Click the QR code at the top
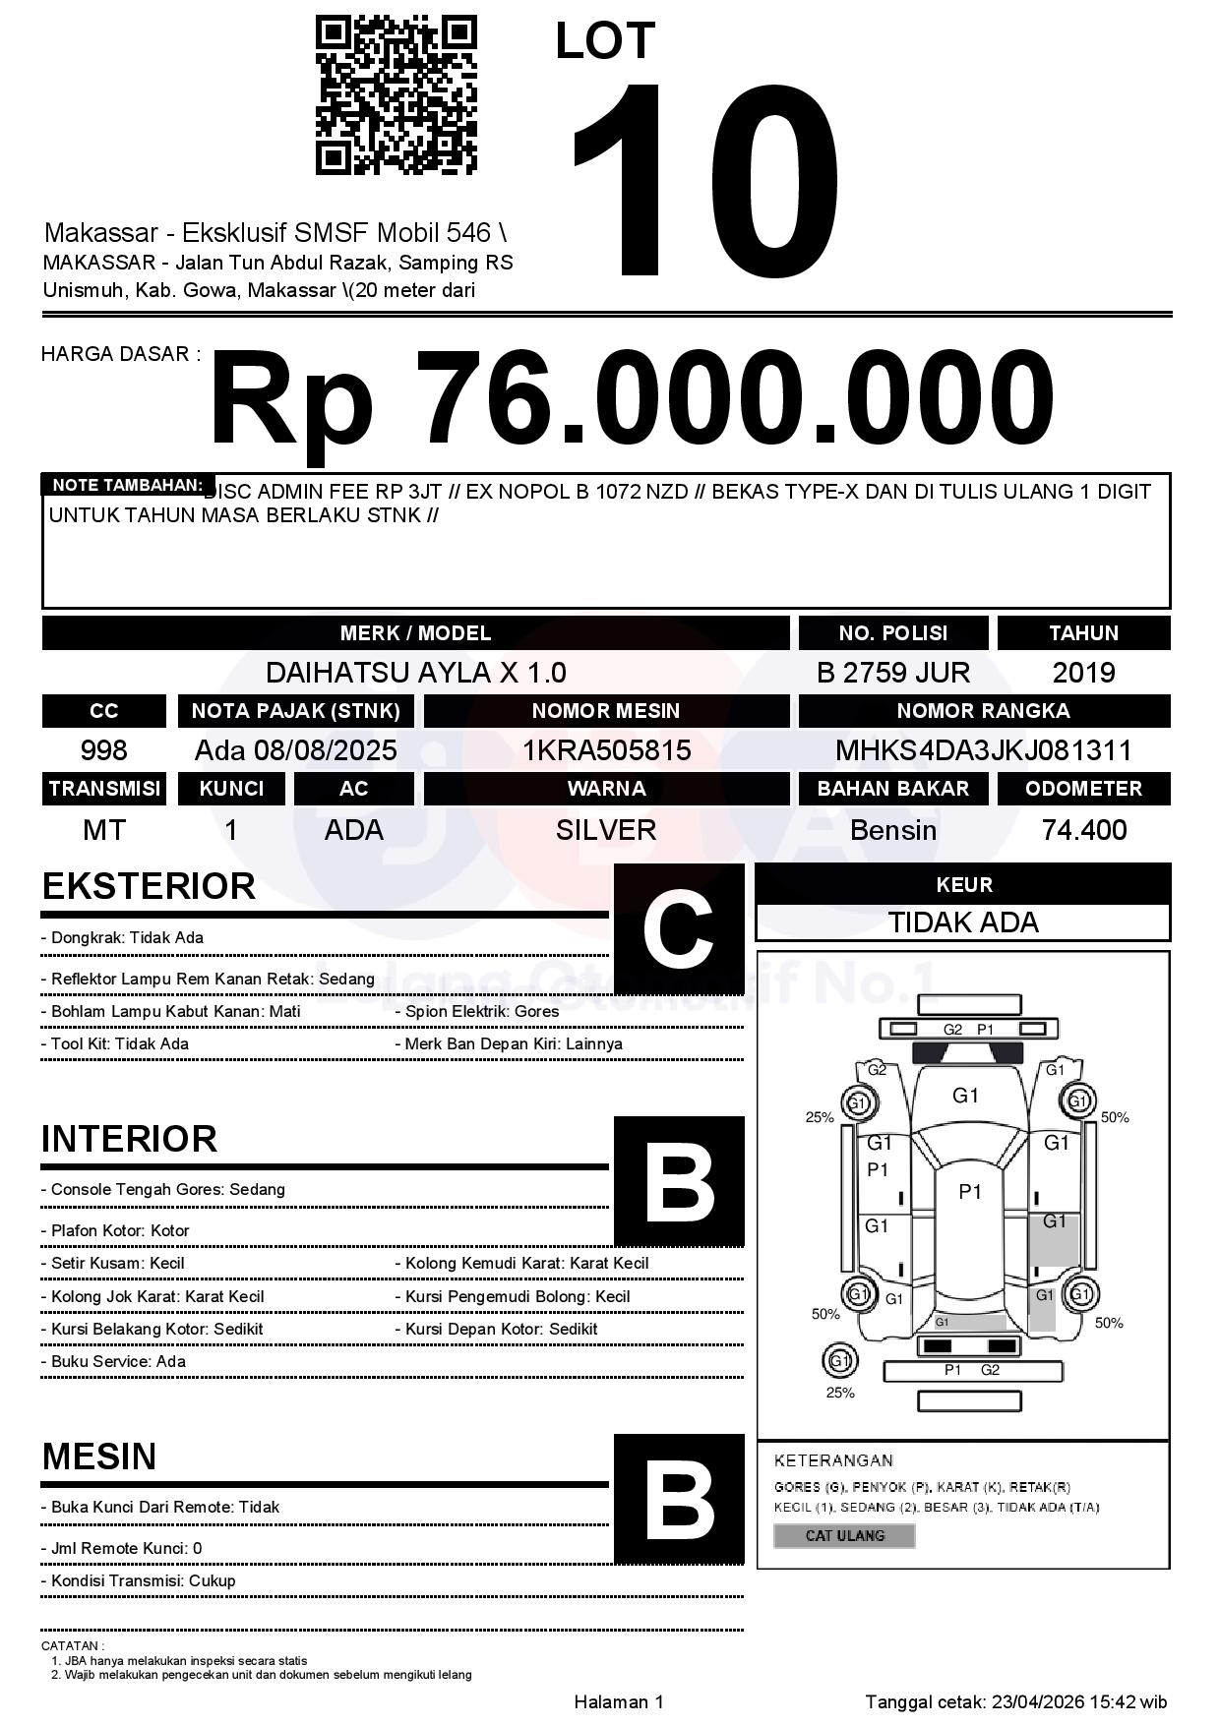click(396, 95)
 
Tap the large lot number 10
click(704, 177)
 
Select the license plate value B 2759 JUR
click(892, 673)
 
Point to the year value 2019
click(1083, 673)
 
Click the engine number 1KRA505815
click(606, 751)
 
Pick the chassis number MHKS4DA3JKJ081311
click(983, 751)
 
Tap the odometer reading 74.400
click(1083, 830)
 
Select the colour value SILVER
click(606, 830)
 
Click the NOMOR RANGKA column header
click(983, 711)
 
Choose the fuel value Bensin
click(892, 830)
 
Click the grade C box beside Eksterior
click(678, 929)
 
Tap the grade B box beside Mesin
click(678, 1499)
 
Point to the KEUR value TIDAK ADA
click(963, 922)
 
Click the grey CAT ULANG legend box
click(844, 1535)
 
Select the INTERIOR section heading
click(129, 1139)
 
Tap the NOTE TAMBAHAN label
click(127, 485)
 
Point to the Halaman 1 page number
click(619, 1702)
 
